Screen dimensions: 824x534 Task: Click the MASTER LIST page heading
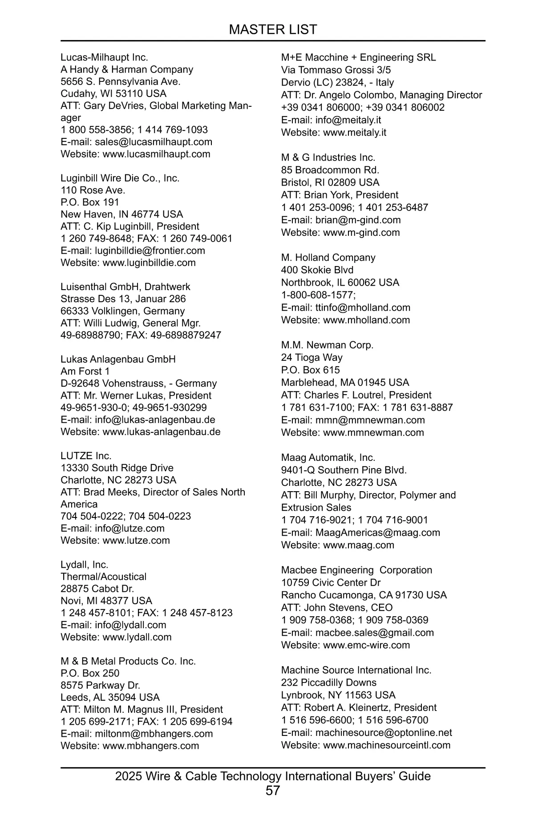[x=272, y=30]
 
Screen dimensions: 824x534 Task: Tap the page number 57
[x=273, y=791]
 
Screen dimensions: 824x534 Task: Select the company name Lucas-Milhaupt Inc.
[x=104, y=57]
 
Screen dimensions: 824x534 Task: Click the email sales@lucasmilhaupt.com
[x=153, y=142]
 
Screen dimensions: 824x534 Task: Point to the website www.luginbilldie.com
[x=149, y=263]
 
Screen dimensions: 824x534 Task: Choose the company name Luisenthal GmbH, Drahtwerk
[x=125, y=287]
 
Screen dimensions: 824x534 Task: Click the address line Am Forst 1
[x=85, y=371]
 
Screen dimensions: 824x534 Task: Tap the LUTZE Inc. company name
[x=86, y=456]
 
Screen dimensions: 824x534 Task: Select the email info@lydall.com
[x=130, y=625]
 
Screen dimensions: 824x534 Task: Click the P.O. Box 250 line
[x=90, y=673]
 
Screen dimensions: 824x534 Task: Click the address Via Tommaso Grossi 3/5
[x=336, y=70]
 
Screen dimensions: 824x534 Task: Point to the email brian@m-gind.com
[x=358, y=220]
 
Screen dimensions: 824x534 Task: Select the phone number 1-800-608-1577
[x=318, y=295]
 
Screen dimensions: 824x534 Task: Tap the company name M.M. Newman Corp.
[x=327, y=345]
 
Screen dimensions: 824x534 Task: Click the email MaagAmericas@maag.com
[x=377, y=533]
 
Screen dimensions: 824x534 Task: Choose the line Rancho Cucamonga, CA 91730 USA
[x=364, y=595]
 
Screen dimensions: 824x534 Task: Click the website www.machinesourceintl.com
[x=387, y=745]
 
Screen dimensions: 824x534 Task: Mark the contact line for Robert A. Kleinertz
[x=359, y=707]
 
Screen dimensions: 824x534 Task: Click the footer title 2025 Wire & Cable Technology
[x=272, y=776]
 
